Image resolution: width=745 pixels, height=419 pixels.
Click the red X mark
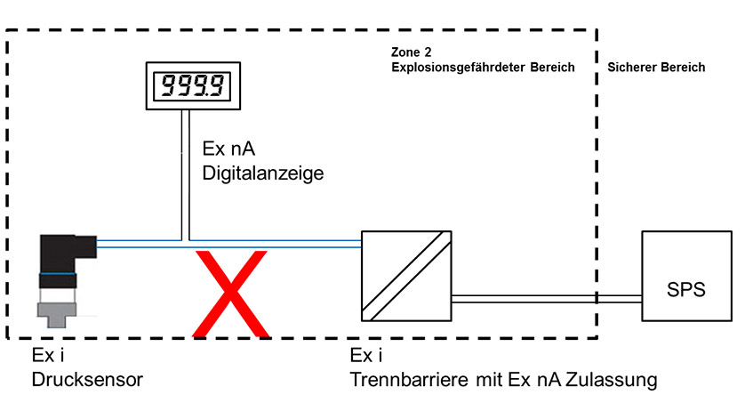coord(231,294)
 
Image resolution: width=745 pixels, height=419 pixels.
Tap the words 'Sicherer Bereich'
coord(656,67)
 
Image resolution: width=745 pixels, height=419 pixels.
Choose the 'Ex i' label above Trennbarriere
coord(367,358)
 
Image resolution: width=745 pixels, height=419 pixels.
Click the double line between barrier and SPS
coord(546,298)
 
